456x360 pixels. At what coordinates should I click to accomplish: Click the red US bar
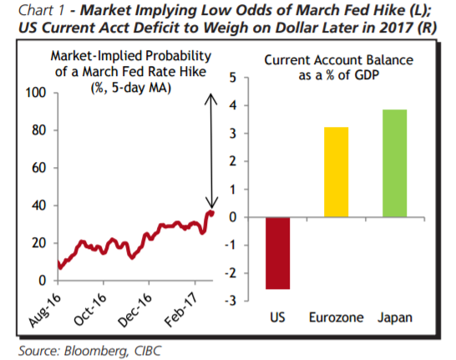pyautogui.click(x=278, y=253)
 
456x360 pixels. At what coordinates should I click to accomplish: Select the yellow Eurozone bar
pyautogui.click(x=337, y=172)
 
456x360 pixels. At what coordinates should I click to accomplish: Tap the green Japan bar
pyautogui.click(x=395, y=163)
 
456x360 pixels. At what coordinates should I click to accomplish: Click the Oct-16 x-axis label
pyautogui.click(x=90, y=309)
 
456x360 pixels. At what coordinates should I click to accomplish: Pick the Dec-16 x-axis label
pyautogui.click(x=135, y=310)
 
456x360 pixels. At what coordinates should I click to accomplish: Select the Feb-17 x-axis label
pyautogui.click(x=182, y=310)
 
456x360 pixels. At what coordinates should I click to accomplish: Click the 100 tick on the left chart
pyautogui.click(x=36, y=93)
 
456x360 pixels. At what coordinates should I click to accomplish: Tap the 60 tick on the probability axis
pyautogui.click(x=39, y=168)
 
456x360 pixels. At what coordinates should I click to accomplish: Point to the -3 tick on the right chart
pyautogui.click(x=231, y=301)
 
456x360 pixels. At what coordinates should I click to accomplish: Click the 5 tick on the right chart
pyautogui.click(x=233, y=78)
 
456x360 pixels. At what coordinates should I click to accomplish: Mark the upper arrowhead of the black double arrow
pyautogui.click(x=210, y=99)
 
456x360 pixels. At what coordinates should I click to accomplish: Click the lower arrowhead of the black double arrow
pyautogui.click(x=211, y=202)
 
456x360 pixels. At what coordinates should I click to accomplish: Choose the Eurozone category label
pyautogui.click(x=337, y=317)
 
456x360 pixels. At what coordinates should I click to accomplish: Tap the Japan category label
pyautogui.click(x=395, y=318)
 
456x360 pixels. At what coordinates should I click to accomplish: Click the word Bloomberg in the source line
pyautogui.click(x=97, y=351)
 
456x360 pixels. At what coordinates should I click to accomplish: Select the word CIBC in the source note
pyautogui.click(x=148, y=351)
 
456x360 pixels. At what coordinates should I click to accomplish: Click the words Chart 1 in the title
pyautogui.click(x=41, y=11)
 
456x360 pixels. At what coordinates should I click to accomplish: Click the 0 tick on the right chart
pyautogui.click(x=233, y=217)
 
